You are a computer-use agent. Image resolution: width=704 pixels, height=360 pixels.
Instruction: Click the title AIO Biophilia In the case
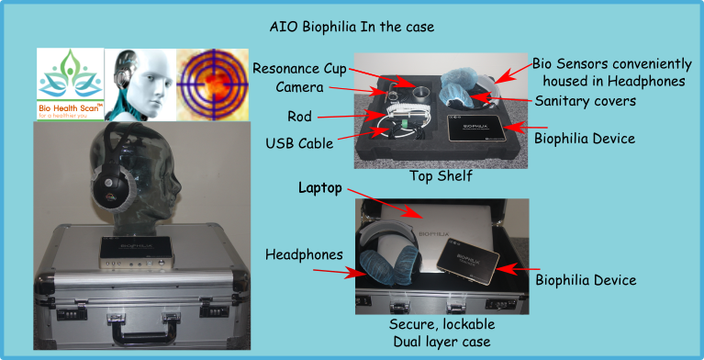pyautogui.click(x=352, y=28)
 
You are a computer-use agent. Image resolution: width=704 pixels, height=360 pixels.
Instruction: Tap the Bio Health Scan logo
pyautogui.click(x=70, y=85)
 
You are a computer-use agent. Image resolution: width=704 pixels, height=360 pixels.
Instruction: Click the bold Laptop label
pyautogui.click(x=321, y=188)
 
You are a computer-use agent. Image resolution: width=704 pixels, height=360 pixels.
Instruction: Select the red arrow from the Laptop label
pyautogui.click(x=386, y=202)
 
